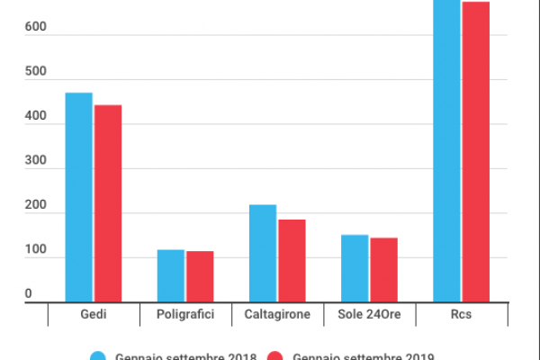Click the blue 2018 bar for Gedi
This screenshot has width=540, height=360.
[x=78, y=198]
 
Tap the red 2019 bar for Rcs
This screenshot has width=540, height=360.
[x=476, y=152]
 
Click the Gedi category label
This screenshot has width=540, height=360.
[x=94, y=315]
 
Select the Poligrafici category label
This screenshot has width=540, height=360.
[x=185, y=315]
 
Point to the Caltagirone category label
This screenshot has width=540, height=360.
[x=277, y=315]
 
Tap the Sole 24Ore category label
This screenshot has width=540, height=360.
[x=369, y=315]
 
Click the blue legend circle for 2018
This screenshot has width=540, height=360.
[x=99, y=356]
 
